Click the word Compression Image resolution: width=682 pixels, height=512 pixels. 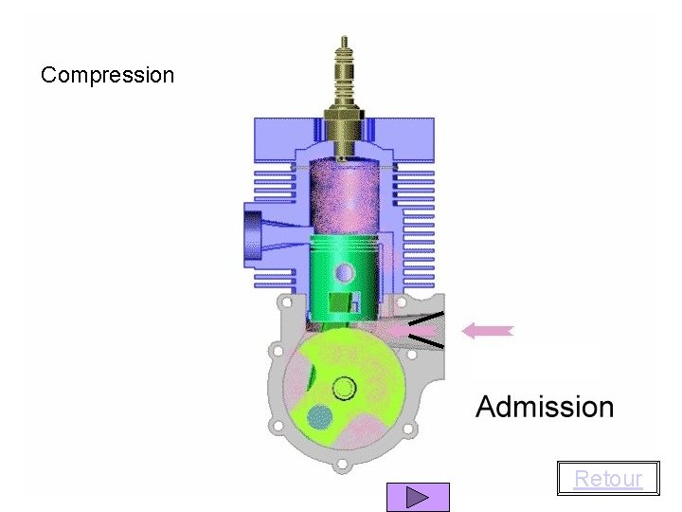click(x=107, y=75)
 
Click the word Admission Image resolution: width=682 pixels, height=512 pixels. click(x=545, y=407)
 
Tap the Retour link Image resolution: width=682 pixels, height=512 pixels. click(x=608, y=479)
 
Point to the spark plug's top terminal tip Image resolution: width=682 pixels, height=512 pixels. click(x=344, y=38)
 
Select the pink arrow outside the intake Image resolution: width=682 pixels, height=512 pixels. click(x=488, y=331)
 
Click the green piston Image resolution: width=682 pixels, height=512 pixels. click(x=344, y=279)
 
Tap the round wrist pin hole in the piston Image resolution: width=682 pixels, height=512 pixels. click(x=345, y=273)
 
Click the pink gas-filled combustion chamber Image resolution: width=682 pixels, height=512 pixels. click(x=344, y=197)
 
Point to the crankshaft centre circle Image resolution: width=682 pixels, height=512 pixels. click(x=344, y=389)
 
